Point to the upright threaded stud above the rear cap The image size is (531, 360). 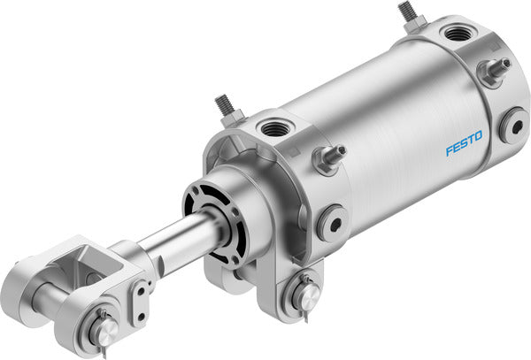408,13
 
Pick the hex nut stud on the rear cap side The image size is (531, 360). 492,70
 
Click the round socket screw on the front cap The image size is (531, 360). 333,221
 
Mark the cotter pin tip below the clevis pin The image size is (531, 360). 103,352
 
